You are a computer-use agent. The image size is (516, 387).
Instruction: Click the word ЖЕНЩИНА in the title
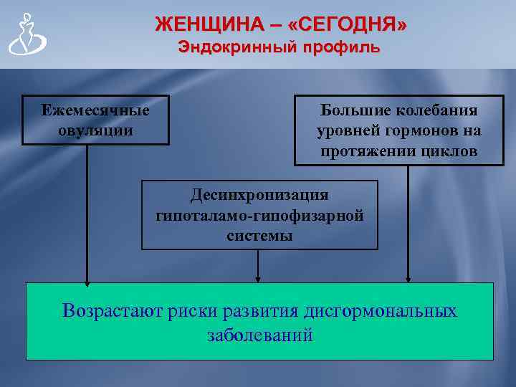coord(204,24)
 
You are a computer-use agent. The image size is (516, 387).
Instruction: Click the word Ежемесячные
coord(95,110)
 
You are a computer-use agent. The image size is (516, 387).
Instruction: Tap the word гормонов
coord(423,131)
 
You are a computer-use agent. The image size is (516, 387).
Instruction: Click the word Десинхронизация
coord(259,195)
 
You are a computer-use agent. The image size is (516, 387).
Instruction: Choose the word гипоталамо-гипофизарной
coord(259,215)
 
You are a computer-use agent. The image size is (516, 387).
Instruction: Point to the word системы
coord(259,235)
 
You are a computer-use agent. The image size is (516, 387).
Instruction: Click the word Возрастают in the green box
coord(113,311)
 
